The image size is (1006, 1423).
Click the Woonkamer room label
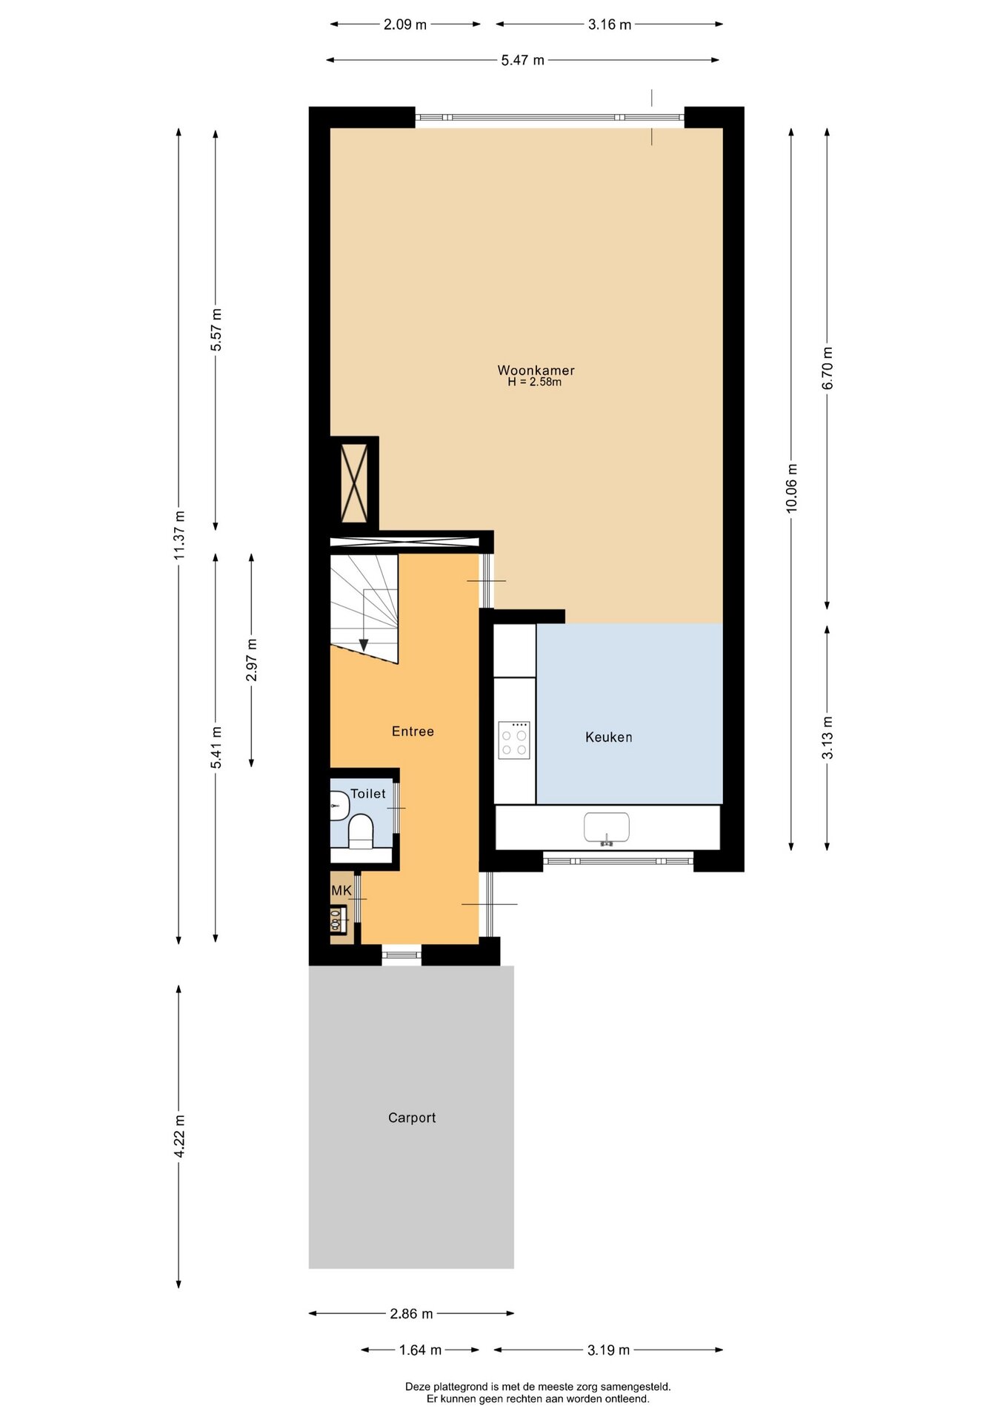tap(536, 370)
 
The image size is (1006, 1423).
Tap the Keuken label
tap(609, 737)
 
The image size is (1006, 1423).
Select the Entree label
tap(413, 732)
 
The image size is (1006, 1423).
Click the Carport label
tap(412, 1118)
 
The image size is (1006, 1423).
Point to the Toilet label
tap(368, 794)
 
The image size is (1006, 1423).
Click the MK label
tap(342, 891)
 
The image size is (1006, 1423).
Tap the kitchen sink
tap(607, 828)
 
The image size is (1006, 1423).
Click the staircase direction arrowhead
tap(363, 645)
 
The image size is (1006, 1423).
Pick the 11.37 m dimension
tap(179, 536)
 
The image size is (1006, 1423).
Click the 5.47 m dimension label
tap(522, 60)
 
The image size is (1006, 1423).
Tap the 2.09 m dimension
tap(405, 24)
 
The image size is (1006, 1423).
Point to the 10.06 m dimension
tap(791, 488)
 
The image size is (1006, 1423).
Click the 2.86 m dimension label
tap(411, 1313)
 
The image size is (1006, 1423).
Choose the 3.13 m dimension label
tap(827, 737)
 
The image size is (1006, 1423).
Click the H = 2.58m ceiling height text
tap(534, 382)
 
